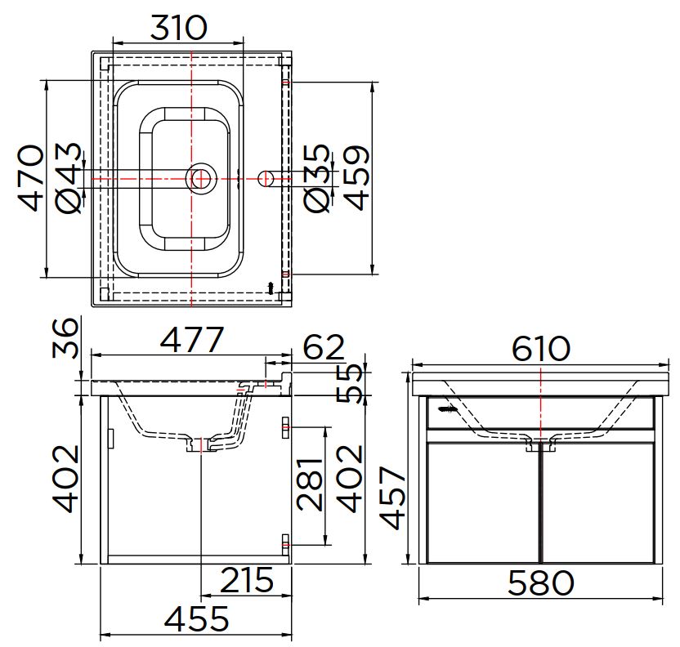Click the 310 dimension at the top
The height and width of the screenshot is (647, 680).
[x=179, y=27]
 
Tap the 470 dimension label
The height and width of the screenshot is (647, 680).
[x=31, y=178]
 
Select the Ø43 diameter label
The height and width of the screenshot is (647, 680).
[x=69, y=178]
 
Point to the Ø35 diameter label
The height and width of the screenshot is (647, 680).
[x=317, y=178]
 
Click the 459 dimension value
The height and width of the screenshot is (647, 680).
[x=356, y=178]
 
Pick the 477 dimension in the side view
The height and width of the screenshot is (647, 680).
[x=192, y=339]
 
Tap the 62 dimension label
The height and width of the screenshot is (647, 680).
[x=324, y=347]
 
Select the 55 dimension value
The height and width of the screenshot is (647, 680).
[x=349, y=383]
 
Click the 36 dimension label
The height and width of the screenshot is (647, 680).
[x=65, y=338]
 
